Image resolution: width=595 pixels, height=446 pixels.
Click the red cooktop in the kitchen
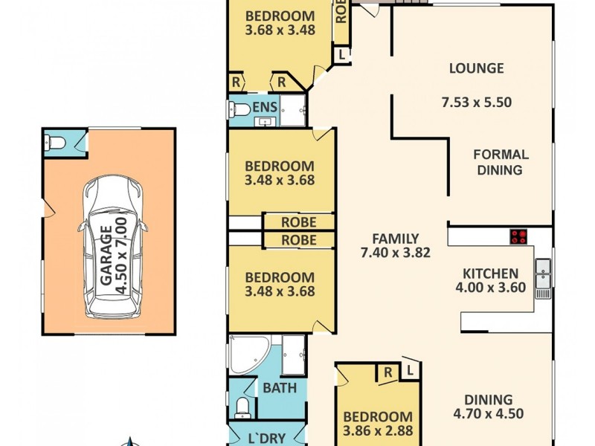(x=518, y=237)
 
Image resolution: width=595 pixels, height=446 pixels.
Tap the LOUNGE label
(x=476, y=68)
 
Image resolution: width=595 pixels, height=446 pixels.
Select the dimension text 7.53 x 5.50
(x=480, y=103)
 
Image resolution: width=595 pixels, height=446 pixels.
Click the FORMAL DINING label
(x=501, y=162)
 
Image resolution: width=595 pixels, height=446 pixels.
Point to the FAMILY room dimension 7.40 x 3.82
(x=396, y=253)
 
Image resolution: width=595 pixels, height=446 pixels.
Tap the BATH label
(x=280, y=387)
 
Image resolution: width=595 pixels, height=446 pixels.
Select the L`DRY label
(x=266, y=438)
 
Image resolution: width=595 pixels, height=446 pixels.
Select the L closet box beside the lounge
(x=342, y=54)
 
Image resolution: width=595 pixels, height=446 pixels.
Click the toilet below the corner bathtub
(x=242, y=405)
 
